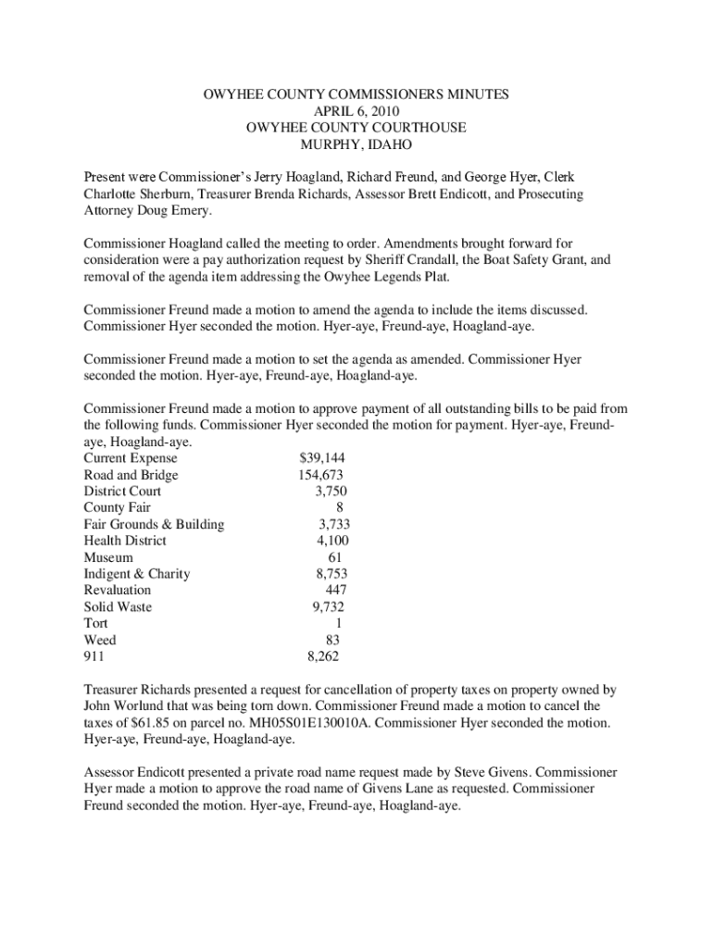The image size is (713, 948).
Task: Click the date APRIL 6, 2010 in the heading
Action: coord(356,111)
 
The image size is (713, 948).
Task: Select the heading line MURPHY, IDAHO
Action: coord(356,144)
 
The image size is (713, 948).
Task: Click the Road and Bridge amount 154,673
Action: coord(321,475)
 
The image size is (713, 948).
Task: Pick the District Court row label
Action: coord(122,492)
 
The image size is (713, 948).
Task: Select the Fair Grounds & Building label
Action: coord(154,524)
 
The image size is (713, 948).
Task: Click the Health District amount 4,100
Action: coord(332,541)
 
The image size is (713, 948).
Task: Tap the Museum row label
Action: coord(108,557)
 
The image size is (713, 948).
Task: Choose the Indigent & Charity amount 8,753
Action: coord(331,574)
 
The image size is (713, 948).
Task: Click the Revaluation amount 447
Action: coord(336,590)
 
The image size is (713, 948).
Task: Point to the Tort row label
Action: coord(95,623)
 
